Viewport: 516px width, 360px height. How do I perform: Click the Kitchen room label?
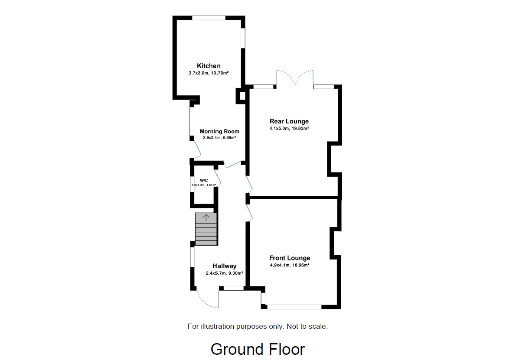(x=209, y=66)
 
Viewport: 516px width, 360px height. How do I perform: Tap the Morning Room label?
(x=219, y=131)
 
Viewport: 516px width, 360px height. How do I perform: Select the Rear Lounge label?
(x=289, y=121)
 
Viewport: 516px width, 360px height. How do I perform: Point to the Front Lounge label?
(x=290, y=258)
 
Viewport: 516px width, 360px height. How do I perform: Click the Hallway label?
(x=224, y=266)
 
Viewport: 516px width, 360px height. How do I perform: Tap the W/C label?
(x=204, y=180)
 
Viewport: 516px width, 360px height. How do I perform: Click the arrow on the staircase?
(x=206, y=217)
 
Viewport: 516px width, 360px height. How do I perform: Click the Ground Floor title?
(x=258, y=349)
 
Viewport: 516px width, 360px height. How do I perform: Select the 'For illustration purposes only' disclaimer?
(x=258, y=326)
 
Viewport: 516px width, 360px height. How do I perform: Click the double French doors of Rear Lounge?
(x=294, y=78)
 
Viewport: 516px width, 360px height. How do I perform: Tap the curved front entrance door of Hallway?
(x=206, y=300)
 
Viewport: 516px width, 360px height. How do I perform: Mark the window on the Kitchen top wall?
(x=209, y=18)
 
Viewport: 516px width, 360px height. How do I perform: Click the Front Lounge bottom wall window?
(x=294, y=307)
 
